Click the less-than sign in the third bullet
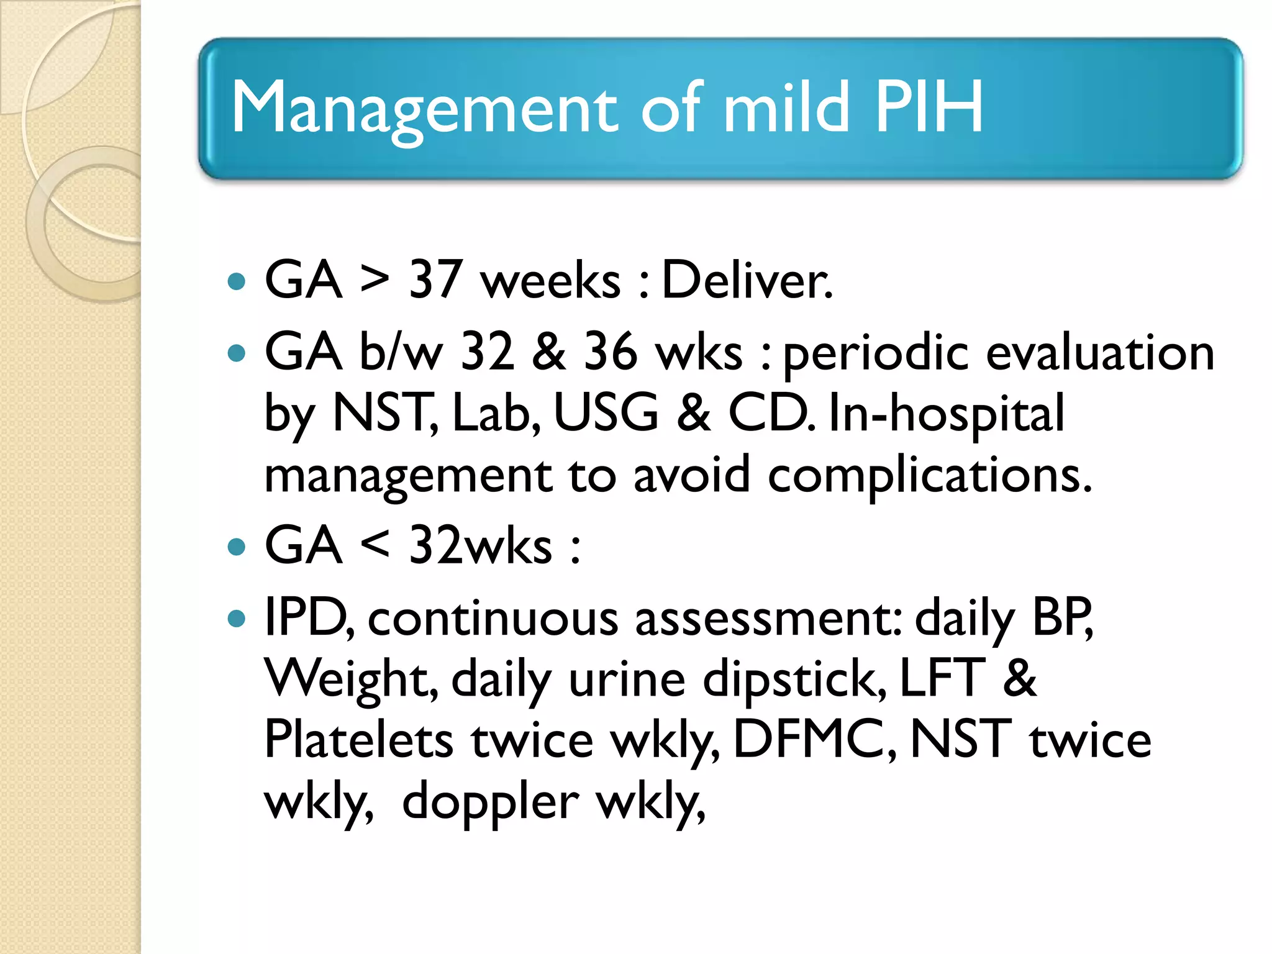click(x=375, y=546)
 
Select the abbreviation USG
click(x=606, y=413)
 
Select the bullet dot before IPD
click(x=237, y=619)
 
